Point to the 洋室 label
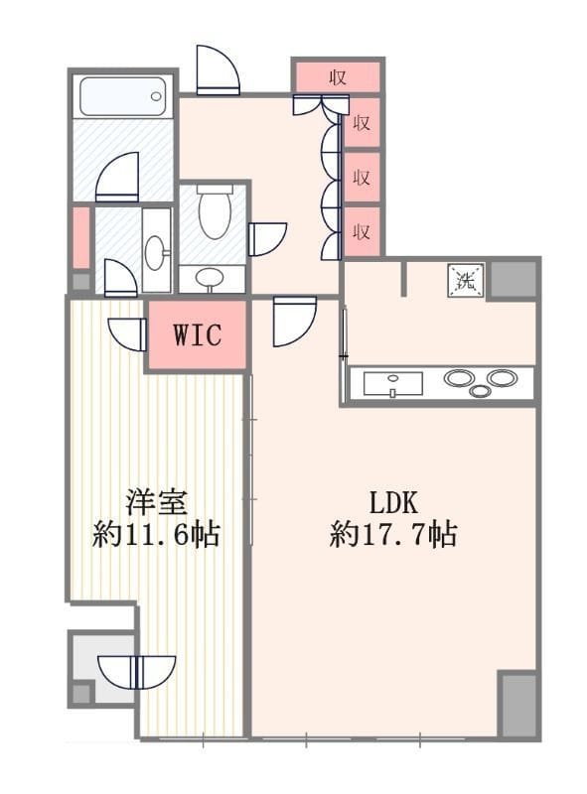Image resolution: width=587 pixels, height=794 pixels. pos(156,500)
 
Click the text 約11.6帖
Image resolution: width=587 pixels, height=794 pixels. pos(156,535)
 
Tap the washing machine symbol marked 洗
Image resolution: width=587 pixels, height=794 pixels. pos(466,279)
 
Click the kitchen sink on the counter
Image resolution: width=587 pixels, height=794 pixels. pos(392,383)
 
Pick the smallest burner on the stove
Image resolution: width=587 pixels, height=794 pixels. pos(481,391)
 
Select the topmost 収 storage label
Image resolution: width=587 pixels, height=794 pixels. pos(338,77)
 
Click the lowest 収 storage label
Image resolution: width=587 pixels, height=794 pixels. pos(362,232)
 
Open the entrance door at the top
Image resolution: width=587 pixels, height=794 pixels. pos(217,71)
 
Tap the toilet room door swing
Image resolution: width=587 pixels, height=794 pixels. pos(266,239)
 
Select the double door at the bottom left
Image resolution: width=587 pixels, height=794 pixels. pos(142,671)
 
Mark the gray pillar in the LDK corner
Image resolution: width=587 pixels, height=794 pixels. pos(516,704)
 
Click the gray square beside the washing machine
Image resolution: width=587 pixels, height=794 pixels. pos(514,280)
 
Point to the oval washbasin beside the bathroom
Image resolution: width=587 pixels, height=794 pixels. pos(156,251)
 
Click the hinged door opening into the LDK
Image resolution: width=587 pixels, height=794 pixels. pos(293,320)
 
